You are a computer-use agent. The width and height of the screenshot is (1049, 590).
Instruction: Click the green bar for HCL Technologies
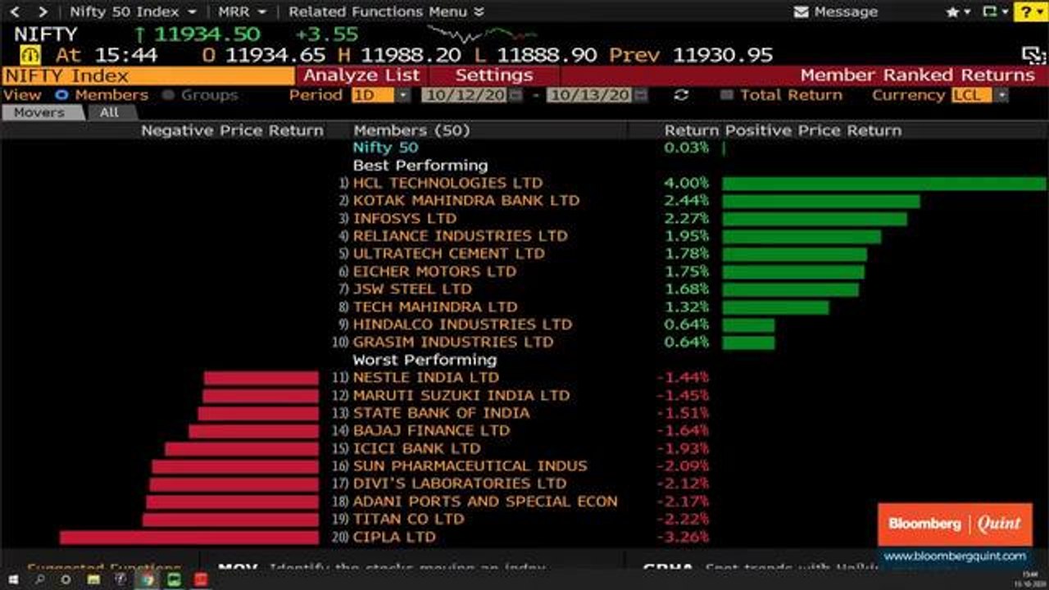pyautogui.click(x=883, y=184)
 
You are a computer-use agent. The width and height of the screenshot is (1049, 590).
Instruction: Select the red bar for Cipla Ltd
pyautogui.click(x=188, y=538)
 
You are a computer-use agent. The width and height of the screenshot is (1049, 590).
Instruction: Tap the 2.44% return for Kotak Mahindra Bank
pyautogui.click(x=686, y=201)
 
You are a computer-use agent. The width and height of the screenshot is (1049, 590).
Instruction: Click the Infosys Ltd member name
pyautogui.click(x=405, y=219)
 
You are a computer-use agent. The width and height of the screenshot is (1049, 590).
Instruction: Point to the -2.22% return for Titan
pyautogui.click(x=683, y=520)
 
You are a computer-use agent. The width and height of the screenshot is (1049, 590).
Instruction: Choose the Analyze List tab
pyautogui.click(x=361, y=75)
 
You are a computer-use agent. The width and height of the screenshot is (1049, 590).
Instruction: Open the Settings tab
pyautogui.click(x=493, y=75)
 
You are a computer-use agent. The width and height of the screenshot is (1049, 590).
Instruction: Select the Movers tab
pyautogui.click(x=39, y=113)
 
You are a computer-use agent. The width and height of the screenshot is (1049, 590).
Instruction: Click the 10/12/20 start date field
pyautogui.click(x=465, y=95)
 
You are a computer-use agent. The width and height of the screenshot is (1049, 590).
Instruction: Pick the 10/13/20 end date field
pyautogui.click(x=589, y=95)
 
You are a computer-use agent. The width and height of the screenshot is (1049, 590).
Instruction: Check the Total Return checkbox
pyautogui.click(x=726, y=95)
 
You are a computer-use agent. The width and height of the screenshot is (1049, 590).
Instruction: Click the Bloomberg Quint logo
pyautogui.click(x=955, y=524)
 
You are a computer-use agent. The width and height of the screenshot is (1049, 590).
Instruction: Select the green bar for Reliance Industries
pyautogui.click(x=802, y=237)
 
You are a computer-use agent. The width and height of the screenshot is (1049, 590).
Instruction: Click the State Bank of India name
pyautogui.click(x=441, y=413)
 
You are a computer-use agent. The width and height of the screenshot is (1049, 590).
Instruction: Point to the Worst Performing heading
pyautogui.click(x=425, y=360)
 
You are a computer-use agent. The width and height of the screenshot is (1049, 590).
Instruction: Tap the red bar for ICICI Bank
pyautogui.click(x=241, y=449)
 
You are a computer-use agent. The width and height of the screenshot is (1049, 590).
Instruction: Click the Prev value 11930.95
pyautogui.click(x=723, y=55)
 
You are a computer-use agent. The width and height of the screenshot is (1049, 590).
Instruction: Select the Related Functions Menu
pyautogui.click(x=386, y=12)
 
